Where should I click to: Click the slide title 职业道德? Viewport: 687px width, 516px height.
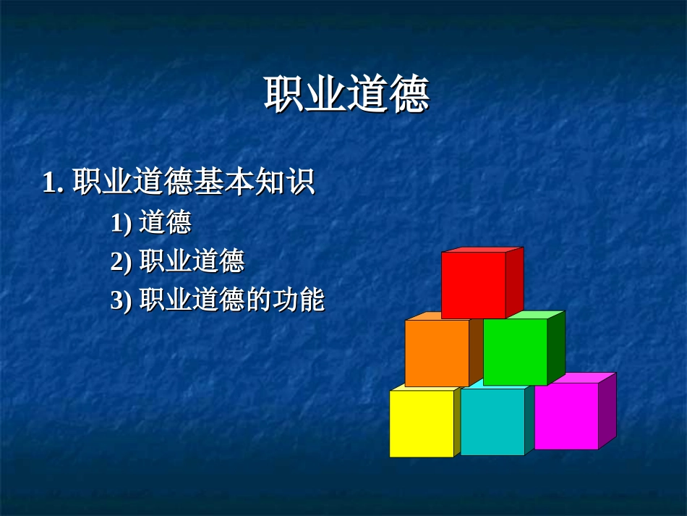click(x=346, y=95)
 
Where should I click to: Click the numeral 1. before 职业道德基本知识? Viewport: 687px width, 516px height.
click(x=54, y=182)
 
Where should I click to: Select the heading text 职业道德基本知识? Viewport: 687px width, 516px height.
click(x=194, y=182)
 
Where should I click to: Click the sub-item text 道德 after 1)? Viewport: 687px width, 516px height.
click(x=165, y=223)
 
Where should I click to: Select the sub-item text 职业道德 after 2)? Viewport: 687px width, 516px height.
click(x=192, y=261)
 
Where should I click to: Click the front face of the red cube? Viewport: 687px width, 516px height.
click(x=473, y=285)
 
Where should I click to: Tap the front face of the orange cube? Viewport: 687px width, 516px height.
click(x=437, y=353)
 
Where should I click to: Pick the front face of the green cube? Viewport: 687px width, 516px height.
click(x=515, y=352)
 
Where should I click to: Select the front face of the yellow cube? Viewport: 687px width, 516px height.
click(x=422, y=423)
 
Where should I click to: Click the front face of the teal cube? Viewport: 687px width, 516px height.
click(x=492, y=422)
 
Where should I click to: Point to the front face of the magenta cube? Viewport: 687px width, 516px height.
click(x=566, y=416)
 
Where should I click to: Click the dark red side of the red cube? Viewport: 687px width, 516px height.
click(x=514, y=282)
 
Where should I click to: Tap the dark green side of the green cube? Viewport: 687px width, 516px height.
click(x=556, y=347)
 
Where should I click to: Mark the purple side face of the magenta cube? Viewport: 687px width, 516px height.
click(x=607, y=410)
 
